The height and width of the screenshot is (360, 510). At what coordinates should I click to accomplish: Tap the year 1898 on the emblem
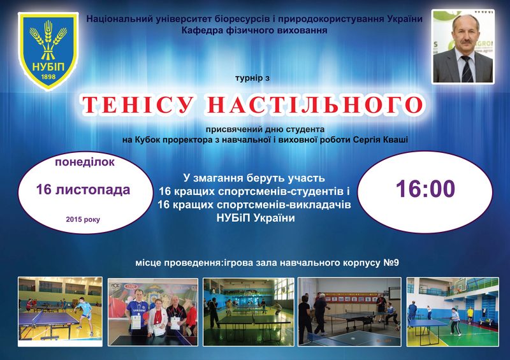[48, 76]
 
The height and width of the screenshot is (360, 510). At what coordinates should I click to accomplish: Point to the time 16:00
[425, 189]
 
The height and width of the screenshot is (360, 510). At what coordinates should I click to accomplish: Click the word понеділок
[85, 162]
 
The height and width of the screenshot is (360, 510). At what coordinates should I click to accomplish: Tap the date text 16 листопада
[83, 190]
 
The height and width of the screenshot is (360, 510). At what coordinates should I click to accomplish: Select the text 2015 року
[83, 220]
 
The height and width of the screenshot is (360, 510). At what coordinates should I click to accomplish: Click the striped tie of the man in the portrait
[467, 69]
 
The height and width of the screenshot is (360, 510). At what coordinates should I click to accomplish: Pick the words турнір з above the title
[252, 78]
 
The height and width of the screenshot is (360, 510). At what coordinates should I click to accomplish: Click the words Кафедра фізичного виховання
[254, 31]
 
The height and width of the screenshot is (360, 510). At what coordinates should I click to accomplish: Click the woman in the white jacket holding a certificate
[158, 318]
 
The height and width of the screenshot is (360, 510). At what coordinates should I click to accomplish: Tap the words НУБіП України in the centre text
[256, 218]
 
